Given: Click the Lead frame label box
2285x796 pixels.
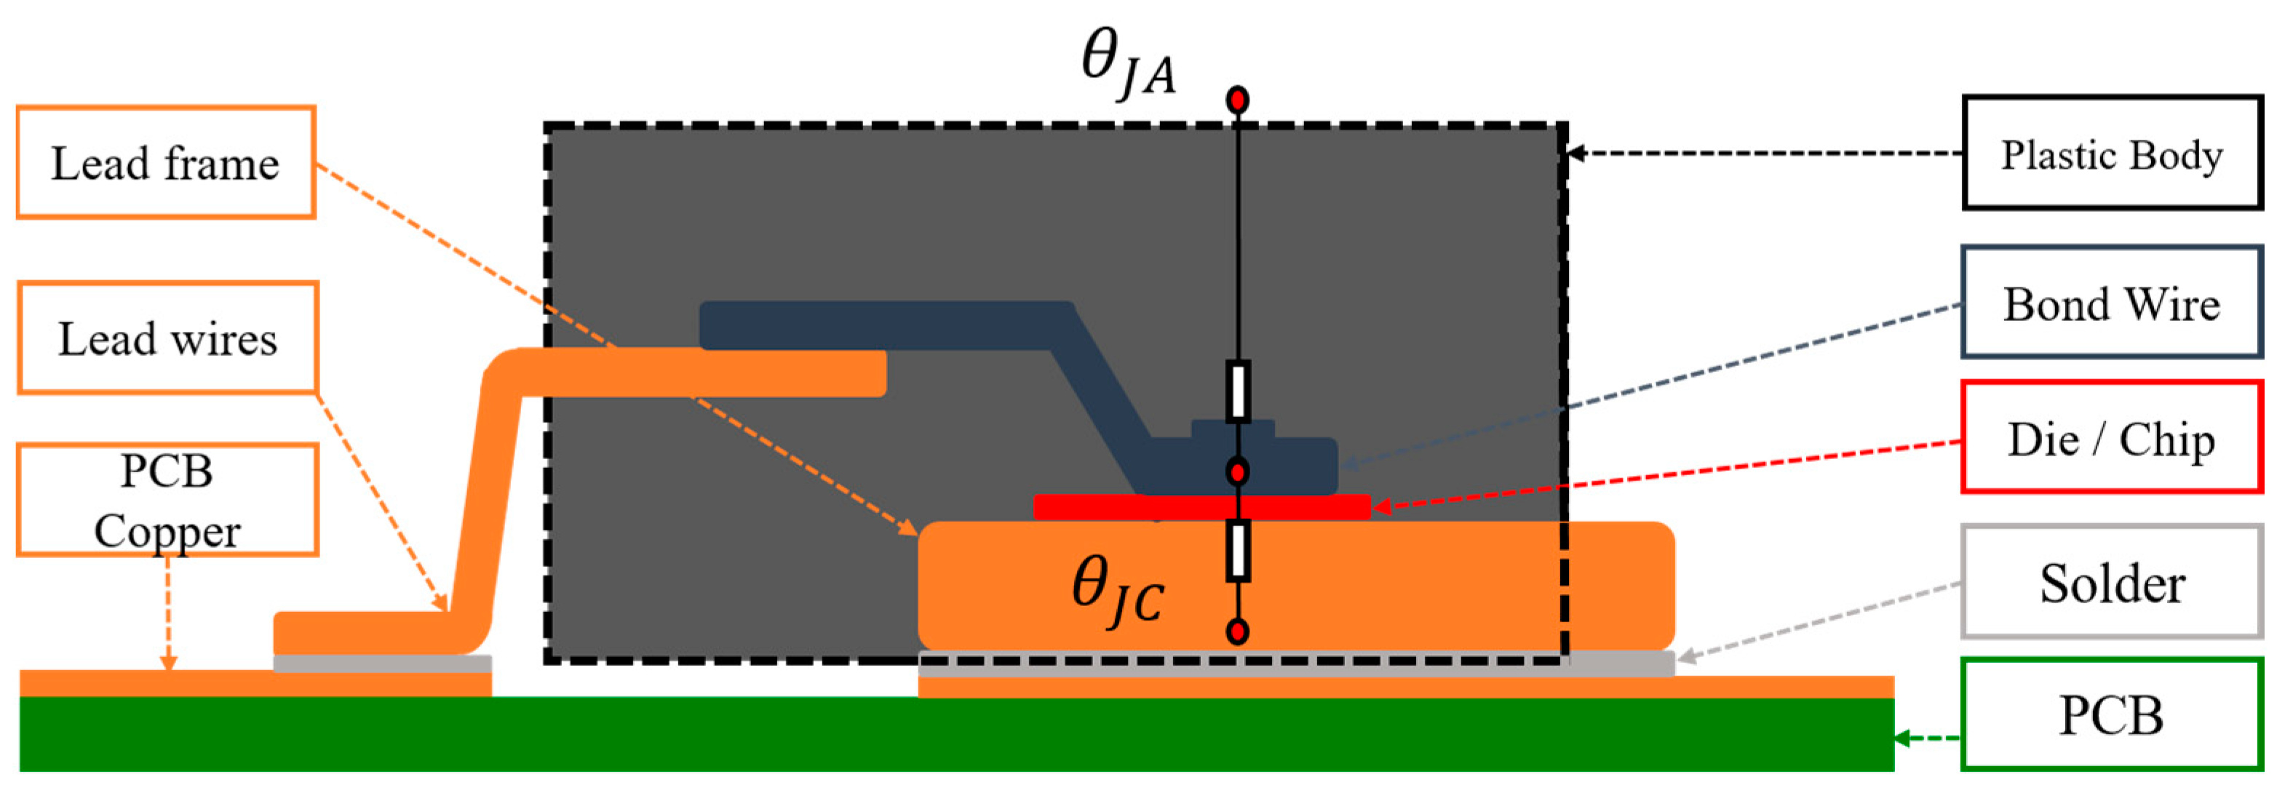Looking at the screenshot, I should (x=166, y=162).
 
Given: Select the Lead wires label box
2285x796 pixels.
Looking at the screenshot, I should (x=167, y=338).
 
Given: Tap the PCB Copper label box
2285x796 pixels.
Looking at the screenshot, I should (x=167, y=500).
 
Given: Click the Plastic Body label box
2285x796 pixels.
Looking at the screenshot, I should (x=2111, y=154).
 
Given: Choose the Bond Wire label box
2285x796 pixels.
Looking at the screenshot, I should (x=2111, y=303).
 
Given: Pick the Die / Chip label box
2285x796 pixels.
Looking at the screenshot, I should (x=2111, y=437).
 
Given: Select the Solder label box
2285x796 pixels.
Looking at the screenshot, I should (x=2111, y=582).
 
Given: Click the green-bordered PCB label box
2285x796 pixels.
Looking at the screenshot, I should (x=2111, y=715).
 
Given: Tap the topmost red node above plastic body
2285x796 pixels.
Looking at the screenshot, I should (x=1237, y=100).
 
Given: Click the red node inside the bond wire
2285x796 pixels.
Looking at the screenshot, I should (x=1237, y=471).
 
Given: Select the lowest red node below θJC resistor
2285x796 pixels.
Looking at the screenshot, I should (x=1237, y=631).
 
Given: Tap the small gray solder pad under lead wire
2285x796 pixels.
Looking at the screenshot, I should (x=381, y=664).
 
